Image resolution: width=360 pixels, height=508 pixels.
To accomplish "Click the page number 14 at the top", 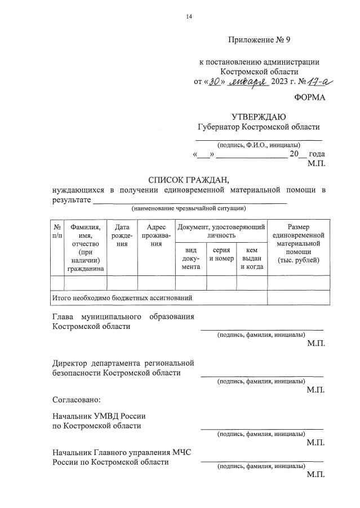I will (x=189, y=17).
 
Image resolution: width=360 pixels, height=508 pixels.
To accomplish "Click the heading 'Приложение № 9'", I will (x=259, y=40).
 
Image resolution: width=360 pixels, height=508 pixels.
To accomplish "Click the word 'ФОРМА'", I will (x=309, y=97).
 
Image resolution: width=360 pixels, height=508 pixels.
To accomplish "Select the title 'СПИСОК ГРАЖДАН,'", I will (x=189, y=180).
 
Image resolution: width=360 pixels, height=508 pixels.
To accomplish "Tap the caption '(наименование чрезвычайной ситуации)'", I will (x=189, y=209).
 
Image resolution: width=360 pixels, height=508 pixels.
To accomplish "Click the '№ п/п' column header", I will (x=57, y=231).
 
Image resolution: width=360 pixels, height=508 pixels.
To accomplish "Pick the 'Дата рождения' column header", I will (x=122, y=235).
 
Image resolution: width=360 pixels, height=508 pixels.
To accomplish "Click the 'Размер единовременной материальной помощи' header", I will (x=299, y=243).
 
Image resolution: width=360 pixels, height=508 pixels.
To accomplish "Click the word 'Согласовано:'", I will (x=76, y=400).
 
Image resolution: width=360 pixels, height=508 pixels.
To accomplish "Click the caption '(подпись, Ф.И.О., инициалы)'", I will (x=259, y=145).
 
